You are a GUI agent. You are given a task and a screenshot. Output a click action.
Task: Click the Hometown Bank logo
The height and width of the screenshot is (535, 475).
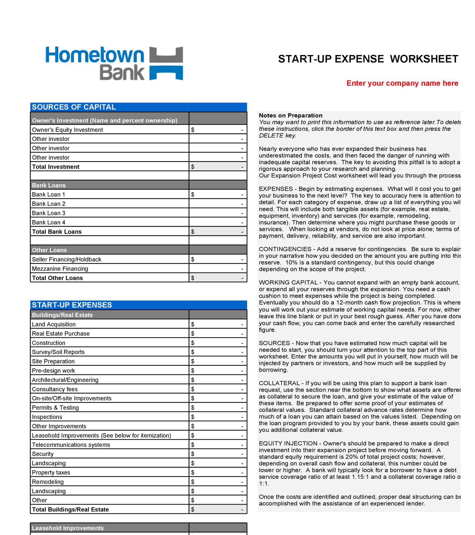(x=114, y=63)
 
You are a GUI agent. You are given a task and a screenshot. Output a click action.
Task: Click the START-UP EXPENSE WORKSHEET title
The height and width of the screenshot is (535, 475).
(x=368, y=59)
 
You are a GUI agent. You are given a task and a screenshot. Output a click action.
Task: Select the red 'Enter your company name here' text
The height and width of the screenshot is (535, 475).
(x=402, y=83)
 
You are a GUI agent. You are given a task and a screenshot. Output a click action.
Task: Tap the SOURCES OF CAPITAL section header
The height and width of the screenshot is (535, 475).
(x=74, y=107)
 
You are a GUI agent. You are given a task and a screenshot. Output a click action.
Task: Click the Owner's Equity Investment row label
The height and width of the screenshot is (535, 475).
(x=67, y=130)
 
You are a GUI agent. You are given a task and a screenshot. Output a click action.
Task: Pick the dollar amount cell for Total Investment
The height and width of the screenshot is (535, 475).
(x=218, y=167)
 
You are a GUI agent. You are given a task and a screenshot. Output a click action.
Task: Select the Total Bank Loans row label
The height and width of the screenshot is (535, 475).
(x=57, y=232)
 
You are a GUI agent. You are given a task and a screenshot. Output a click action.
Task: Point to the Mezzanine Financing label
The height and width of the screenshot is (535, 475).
(x=60, y=269)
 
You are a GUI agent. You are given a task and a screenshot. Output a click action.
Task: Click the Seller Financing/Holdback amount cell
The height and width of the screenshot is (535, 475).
(x=218, y=259)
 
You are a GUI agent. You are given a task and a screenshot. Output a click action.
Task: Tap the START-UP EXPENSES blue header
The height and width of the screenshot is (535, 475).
(x=72, y=305)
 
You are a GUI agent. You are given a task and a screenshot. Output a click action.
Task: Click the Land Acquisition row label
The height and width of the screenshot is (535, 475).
(x=54, y=324)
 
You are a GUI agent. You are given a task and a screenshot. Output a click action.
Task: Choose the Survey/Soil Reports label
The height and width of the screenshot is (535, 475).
(x=58, y=352)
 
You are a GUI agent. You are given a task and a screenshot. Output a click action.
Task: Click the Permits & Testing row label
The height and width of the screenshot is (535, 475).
(x=55, y=407)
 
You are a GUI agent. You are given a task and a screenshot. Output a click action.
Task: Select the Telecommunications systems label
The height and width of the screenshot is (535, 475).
(x=71, y=445)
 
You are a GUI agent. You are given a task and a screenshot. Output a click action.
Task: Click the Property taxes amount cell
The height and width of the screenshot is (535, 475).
(x=218, y=473)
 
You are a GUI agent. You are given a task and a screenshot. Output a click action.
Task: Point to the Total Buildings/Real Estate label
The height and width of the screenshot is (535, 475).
(x=70, y=509)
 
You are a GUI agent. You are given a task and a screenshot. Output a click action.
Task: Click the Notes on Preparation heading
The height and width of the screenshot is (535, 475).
(x=290, y=115)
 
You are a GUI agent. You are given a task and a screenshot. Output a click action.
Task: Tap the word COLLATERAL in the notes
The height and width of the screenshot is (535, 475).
(x=279, y=383)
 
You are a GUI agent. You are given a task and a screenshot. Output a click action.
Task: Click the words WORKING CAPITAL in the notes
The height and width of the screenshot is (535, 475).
(x=288, y=282)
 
